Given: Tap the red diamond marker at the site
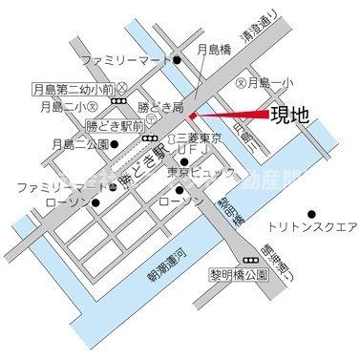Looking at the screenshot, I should (x=192, y=116).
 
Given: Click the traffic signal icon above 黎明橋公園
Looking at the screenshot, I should (x=251, y=259).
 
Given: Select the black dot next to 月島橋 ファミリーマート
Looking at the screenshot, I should (x=177, y=60).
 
